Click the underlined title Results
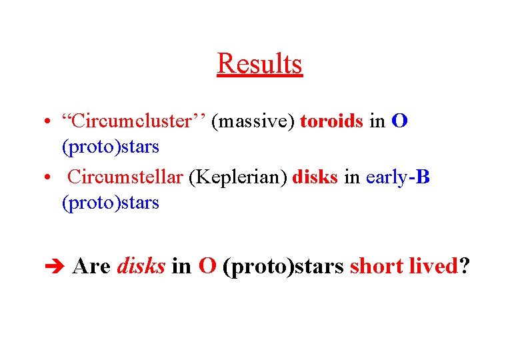tap(260, 64)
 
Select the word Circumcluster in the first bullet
tap(133, 122)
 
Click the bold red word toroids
tap(332, 122)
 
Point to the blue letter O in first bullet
tap(400, 122)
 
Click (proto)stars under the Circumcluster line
tap(110, 146)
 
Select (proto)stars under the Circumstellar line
tap(110, 202)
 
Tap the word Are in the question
tap(91, 266)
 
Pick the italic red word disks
tap(141, 266)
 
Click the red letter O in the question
tap(207, 266)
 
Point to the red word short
tap(376, 266)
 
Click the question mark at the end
tap(465, 266)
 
